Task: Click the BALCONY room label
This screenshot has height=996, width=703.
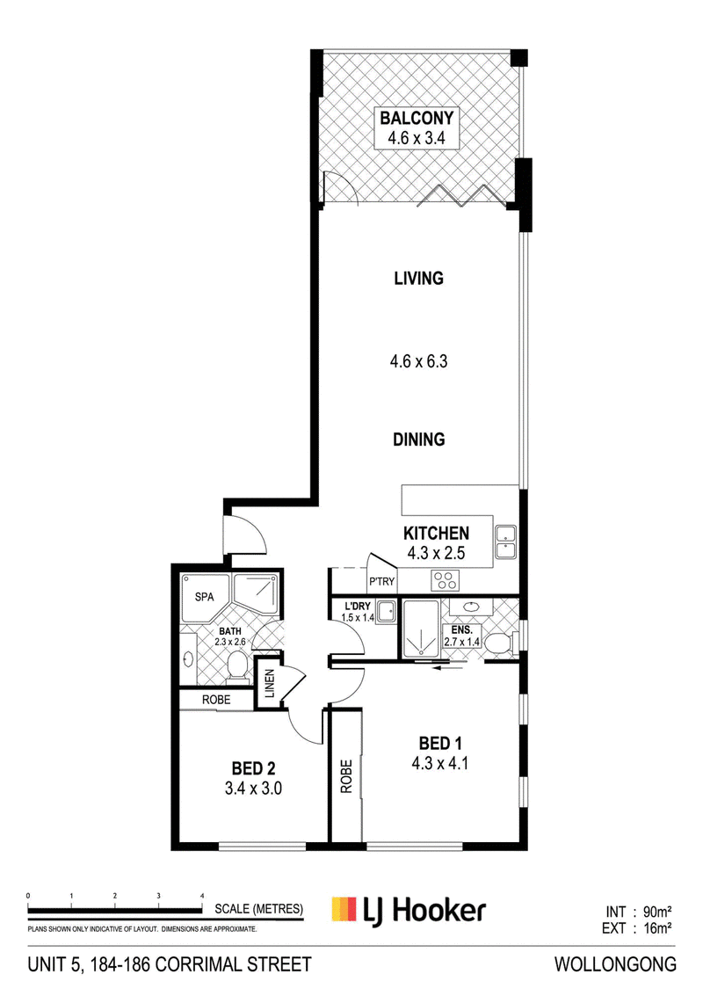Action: [417, 118]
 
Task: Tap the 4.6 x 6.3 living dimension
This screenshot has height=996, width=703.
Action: [418, 361]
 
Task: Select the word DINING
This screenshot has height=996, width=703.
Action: [418, 440]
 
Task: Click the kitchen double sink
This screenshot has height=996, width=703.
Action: [506, 542]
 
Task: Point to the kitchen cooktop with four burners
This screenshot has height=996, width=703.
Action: [445, 580]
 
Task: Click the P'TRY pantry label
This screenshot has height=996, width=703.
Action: [381, 581]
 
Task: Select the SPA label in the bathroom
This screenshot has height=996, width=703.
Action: [205, 597]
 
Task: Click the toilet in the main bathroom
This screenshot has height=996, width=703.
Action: [237, 669]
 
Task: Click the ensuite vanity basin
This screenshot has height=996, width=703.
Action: [471, 607]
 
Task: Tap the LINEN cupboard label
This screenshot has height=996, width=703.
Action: [269, 683]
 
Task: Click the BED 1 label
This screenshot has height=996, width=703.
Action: [440, 743]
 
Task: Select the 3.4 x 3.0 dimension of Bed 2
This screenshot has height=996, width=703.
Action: [253, 789]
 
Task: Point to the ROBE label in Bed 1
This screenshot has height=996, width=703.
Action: [346, 776]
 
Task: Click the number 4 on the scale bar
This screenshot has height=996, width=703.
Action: [203, 896]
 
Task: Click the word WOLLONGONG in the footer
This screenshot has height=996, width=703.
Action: [615, 964]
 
